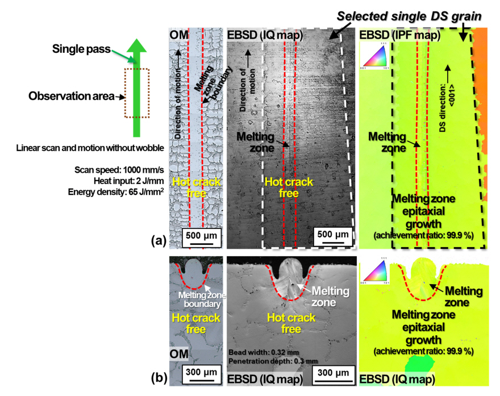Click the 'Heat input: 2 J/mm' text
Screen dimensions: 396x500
[x=119, y=181]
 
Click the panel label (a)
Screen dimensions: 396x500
[x=159, y=241]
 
